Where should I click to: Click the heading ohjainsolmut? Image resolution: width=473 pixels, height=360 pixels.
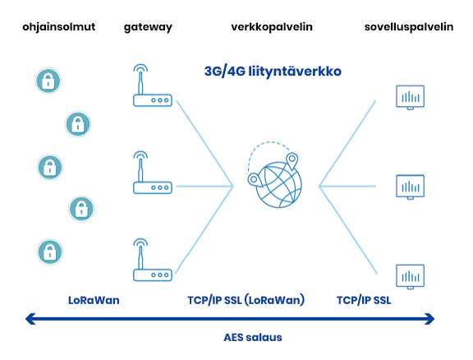coord(59,27)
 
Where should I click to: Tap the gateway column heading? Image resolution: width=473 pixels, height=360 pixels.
coord(148,27)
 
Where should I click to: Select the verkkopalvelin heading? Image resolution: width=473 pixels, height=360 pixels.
coord(272,27)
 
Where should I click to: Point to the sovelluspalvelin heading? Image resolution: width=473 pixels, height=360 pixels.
coord(409,27)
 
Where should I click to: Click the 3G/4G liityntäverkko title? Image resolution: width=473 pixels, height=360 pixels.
coord(273,72)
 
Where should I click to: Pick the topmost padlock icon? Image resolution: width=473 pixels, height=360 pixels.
coord(48,81)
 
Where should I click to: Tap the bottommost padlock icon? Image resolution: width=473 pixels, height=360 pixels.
coord(50,252)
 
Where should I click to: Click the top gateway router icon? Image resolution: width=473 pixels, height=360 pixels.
coord(153,85)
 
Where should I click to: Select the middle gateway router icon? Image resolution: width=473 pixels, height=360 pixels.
coord(153,173)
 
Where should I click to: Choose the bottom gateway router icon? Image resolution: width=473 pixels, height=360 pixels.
coord(153,260)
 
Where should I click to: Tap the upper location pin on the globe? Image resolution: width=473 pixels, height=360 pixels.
coord(292,160)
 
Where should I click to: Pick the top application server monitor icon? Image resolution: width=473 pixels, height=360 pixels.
coord(411,97)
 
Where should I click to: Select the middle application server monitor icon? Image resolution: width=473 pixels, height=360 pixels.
coord(411,187)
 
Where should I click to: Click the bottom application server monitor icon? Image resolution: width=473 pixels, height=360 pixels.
coord(411,277)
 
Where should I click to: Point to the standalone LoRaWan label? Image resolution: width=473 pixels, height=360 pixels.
coord(94,300)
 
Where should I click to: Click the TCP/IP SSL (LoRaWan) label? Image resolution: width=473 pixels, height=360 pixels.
coord(246,300)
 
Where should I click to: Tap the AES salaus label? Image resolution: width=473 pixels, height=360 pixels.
coord(253,337)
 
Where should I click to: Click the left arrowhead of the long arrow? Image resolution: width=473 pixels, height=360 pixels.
coord(30,319)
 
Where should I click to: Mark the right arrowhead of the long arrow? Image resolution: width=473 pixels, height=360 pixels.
coord(429,319)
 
